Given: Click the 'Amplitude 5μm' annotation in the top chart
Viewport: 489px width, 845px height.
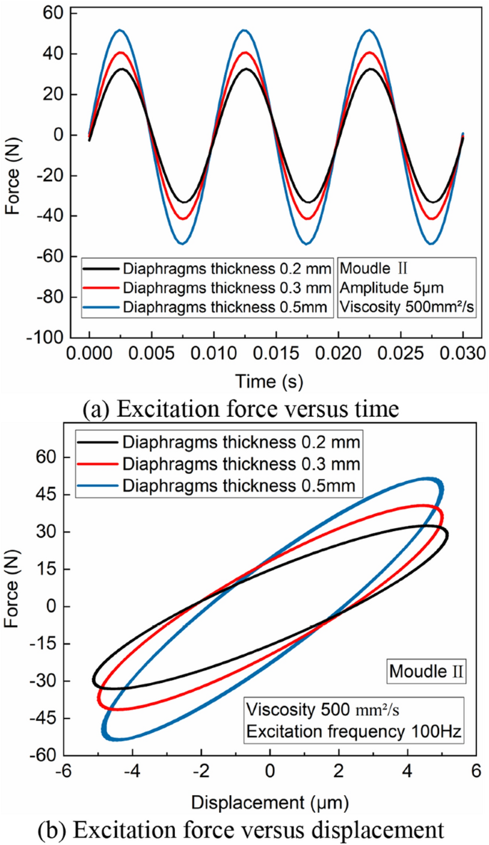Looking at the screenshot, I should (x=383, y=288).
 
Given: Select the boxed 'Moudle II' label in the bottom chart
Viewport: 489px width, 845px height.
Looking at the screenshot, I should (x=427, y=672).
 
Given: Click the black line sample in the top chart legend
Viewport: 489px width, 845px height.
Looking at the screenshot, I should (x=101, y=270).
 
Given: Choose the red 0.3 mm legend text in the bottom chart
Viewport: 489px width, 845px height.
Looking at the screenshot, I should (x=240, y=464).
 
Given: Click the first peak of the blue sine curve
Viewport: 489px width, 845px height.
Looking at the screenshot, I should (x=120, y=30).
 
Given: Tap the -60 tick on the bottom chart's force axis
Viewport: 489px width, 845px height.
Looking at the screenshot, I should (x=44, y=755).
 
